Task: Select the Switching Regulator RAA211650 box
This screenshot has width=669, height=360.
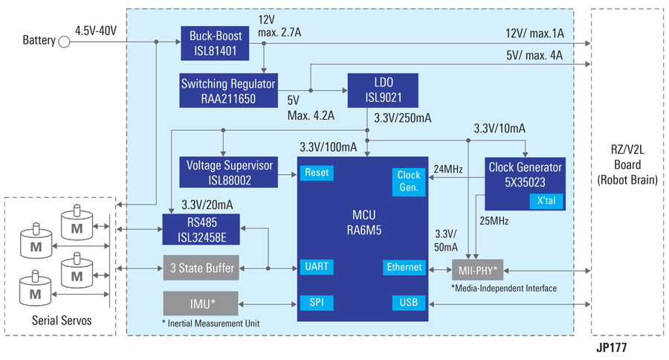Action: point(228,91)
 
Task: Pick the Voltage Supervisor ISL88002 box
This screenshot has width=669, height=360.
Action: point(228,172)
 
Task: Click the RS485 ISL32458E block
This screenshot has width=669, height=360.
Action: point(201,228)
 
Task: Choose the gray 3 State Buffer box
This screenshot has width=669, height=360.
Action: point(201,268)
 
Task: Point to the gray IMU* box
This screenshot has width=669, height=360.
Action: point(201,303)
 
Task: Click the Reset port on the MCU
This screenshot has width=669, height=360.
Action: point(317,173)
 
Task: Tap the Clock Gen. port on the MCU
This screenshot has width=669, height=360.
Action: point(409,181)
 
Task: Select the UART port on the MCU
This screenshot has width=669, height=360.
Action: point(317,267)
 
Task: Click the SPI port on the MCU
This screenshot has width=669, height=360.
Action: point(317,303)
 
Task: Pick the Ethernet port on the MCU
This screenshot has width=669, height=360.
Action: point(404,267)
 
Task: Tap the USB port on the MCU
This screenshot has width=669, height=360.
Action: point(409,303)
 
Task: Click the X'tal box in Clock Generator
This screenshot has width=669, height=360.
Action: point(546,201)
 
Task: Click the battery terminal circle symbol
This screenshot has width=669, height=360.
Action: point(64,41)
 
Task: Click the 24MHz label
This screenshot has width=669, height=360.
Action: point(448,169)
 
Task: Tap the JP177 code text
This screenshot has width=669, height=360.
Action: point(613,347)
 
